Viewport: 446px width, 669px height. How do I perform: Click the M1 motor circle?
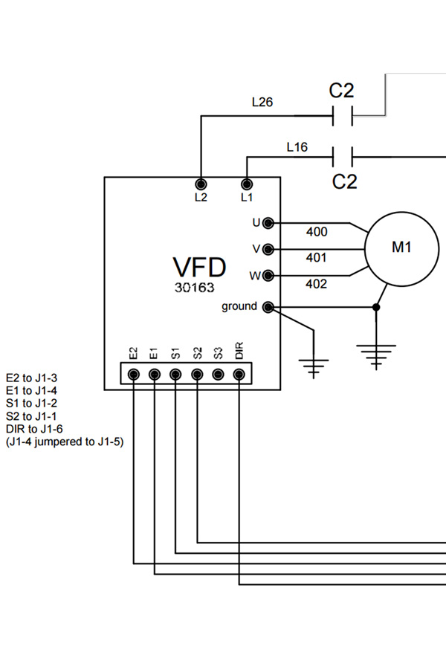point(401,248)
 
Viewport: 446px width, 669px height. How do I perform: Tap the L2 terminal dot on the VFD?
point(200,184)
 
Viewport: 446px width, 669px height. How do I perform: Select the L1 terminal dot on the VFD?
point(247,184)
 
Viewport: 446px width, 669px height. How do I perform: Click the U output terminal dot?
point(268,222)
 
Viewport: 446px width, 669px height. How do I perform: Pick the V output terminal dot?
point(268,248)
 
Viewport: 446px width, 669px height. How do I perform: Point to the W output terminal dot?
point(268,275)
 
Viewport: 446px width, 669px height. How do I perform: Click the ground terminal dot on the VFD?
point(268,307)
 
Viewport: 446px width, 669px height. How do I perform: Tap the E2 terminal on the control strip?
point(134,374)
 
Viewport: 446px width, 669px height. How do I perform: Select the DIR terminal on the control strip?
point(239,374)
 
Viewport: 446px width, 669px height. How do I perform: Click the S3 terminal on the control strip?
point(219,374)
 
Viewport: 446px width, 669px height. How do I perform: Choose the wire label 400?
point(317,233)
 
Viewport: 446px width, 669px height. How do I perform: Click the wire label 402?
point(317,284)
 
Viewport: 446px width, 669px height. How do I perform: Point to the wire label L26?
point(262,103)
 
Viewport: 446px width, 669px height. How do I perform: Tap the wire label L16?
point(297,147)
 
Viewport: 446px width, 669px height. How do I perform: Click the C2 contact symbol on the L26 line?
point(342,116)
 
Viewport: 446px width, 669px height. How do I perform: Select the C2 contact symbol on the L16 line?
point(342,157)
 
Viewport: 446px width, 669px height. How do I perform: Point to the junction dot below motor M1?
point(377,307)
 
